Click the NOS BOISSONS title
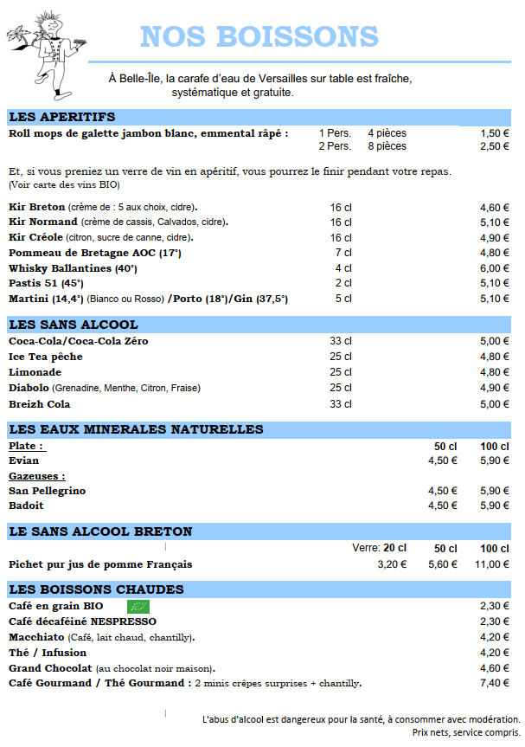(259, 36)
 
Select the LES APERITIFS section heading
(61, 117)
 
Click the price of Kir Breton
(495, 208)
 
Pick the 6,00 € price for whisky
(495, 268)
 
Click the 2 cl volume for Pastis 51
(343, 283)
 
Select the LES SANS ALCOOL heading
(73, 325)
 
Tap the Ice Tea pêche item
(46, 357)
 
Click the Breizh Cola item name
(40, 404)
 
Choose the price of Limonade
(495, 372)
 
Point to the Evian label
(23, 460)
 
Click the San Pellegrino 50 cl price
(443, 491)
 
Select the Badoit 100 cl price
(495, 506)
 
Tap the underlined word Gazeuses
(37, 476)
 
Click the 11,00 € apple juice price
(492, 564)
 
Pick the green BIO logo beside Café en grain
(138, 606)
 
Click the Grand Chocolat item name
(50, 668)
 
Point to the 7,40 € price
(495, 683)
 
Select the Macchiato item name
(39, 637)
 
